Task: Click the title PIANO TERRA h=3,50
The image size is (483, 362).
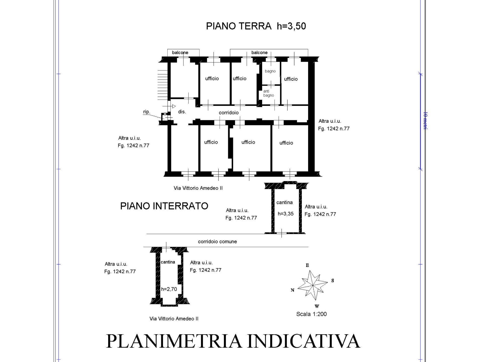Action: point(256,26)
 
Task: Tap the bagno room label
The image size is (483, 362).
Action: point(270,71)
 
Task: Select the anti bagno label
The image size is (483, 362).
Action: point(268,93)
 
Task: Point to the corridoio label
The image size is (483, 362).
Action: point(228,113)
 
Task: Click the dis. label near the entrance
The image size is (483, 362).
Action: point(182,112)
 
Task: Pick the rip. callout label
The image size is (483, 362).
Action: point(146,112)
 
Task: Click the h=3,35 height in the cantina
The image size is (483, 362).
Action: point(286,214)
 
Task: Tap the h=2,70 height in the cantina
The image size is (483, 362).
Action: point(169,289)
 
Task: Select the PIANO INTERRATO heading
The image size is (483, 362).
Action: point(164,206)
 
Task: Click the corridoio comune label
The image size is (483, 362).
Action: point(217,242)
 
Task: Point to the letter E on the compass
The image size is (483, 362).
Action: point(307,265)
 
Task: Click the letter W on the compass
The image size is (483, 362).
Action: point(317,306)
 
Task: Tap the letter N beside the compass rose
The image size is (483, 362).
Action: point(292,290)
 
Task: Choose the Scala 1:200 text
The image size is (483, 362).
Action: point(311,314)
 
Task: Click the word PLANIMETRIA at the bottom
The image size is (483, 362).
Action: point(174,341)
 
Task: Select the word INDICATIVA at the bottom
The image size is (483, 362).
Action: point(304,341)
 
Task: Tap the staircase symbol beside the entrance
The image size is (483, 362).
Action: point(163,84)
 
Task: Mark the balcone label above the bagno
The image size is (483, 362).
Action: point(259,53)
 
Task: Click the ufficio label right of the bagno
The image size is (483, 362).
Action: point(291,79)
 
